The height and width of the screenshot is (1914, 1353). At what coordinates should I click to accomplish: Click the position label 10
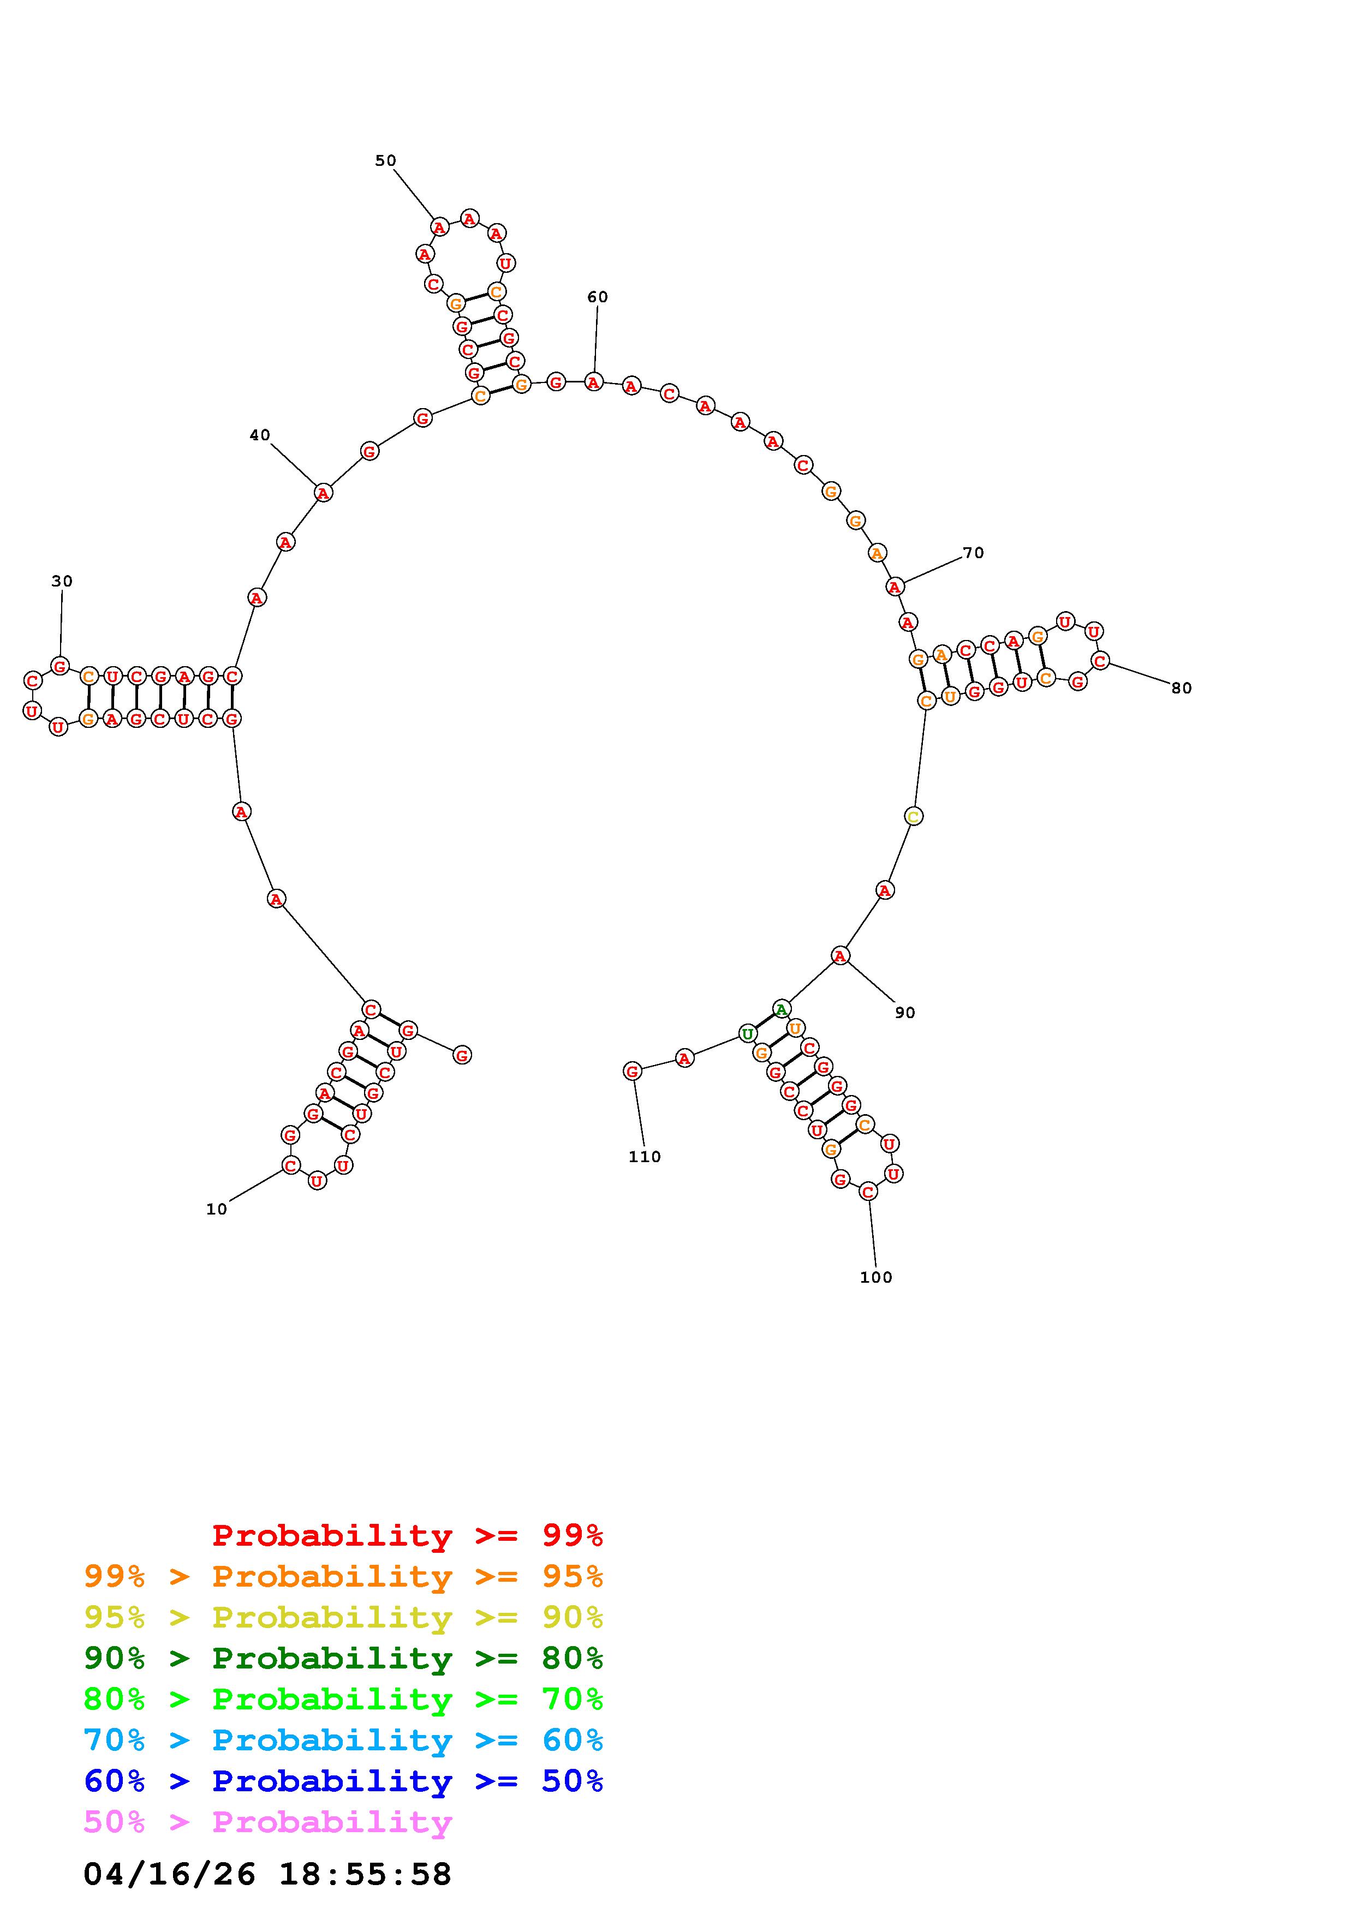(217, 1210)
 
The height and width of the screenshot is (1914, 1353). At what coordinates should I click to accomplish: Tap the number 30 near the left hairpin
(62, 581)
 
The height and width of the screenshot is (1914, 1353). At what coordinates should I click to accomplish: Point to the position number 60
(598, 297)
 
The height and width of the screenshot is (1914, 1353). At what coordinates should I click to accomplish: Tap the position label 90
(905, 1012)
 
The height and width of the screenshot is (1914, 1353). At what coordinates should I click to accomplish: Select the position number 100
(876, 1277)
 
